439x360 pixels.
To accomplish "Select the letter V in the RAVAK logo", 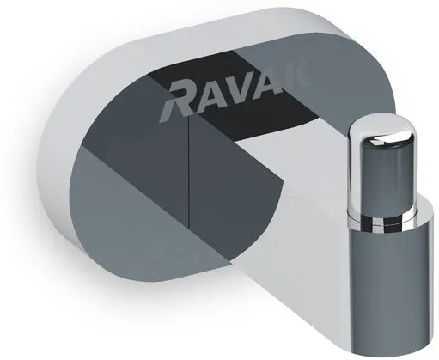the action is pos(241,88).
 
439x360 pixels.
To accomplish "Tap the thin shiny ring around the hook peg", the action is pos(382,221).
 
